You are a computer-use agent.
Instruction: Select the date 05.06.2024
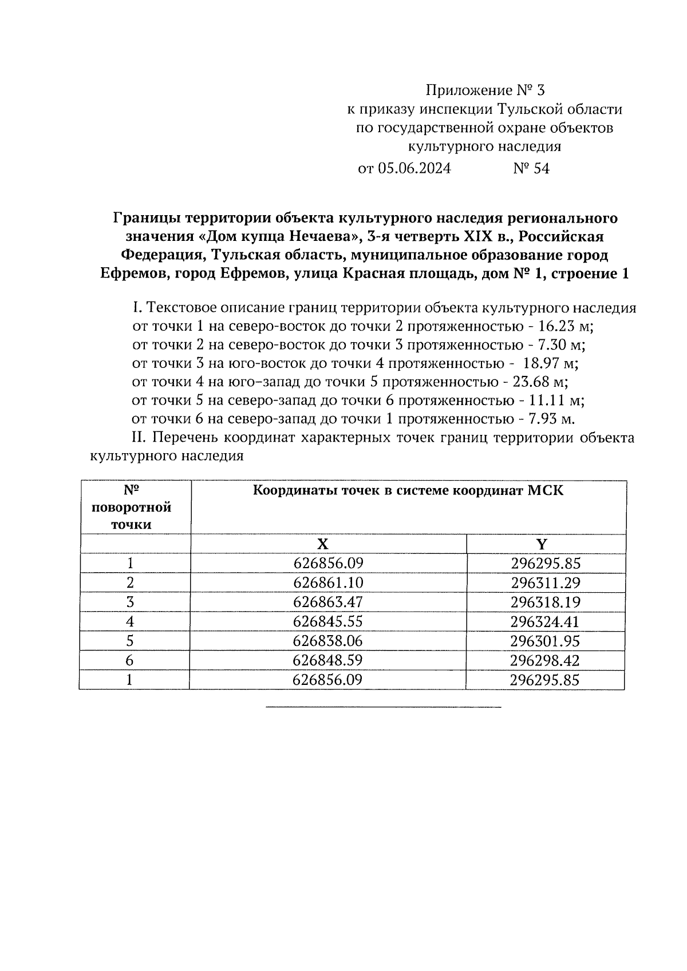pos(414,169)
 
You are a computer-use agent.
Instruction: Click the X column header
pos(323,544)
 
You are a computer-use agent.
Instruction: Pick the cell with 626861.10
pos(328,583)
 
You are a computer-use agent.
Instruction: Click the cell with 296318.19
pos(545,603)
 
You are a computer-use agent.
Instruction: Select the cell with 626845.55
pos(328,622)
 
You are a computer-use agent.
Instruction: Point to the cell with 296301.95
pos(545,641)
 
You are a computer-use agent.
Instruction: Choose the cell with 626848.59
pos(328,661)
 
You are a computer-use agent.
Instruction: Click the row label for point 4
pos(131,622)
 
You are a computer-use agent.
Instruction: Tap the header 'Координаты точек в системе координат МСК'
pos(408,491)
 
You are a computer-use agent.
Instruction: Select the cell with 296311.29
pos(545,583)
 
